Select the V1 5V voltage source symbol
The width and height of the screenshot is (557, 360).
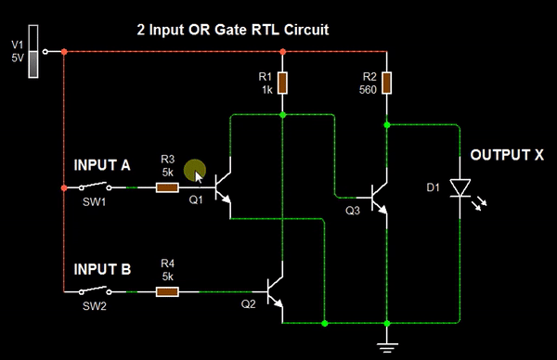[35, 55]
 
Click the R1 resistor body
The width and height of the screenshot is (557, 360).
[282, 84]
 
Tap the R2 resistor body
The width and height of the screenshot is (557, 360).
[387, 84]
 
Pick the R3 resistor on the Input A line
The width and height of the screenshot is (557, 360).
[167, 186]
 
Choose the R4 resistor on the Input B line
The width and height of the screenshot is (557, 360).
[167, 291]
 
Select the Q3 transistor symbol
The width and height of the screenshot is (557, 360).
[379, 198]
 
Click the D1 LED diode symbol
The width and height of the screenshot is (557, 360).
[460, 188]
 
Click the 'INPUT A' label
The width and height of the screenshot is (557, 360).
[102, 165]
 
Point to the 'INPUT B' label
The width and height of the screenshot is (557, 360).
[102, 270]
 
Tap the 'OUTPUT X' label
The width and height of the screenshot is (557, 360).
[506, 155]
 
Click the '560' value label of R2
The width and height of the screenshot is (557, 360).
[367, 90]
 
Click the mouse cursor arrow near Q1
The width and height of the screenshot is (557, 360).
[198, 174]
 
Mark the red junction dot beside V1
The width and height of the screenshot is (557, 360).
[63, 51]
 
